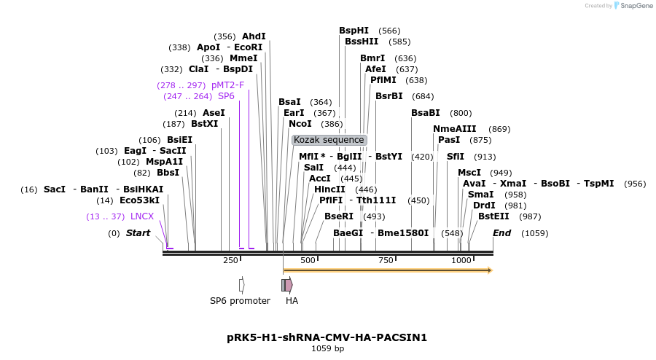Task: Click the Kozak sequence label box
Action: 329,140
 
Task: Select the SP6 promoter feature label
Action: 240,301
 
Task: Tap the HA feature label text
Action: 292,301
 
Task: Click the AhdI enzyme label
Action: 254,36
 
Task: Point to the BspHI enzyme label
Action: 354,31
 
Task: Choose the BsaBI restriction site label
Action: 426,113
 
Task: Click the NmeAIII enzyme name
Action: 454,129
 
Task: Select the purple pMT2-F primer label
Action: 227,85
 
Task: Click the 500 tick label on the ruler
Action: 308,260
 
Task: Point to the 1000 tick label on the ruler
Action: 461,260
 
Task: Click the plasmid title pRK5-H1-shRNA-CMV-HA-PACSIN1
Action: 327,337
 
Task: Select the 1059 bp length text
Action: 327,349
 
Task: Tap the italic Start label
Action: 138,233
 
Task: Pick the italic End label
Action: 501,233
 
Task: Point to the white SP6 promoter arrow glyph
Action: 241,285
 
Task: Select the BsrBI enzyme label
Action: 388,96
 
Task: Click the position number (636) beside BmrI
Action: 405,58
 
